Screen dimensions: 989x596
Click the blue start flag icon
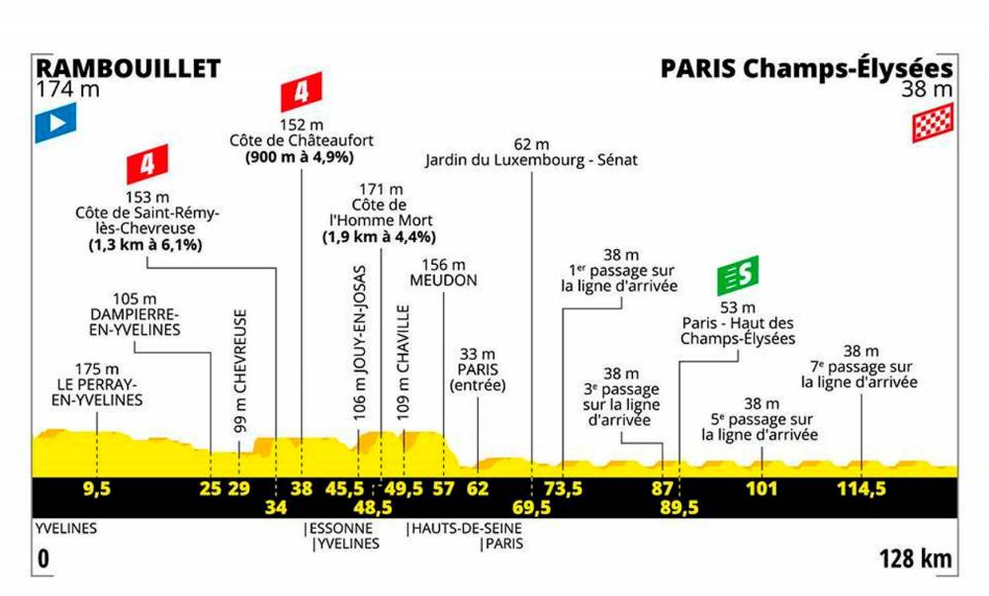click(x=55, y=123)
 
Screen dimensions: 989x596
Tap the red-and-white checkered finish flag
click(x=933, y=123)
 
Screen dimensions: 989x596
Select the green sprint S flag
click(x=738, y=276)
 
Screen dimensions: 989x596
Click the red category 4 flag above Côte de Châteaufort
click(x=302, y=92)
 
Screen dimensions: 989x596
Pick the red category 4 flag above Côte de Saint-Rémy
click(x=147, y=164)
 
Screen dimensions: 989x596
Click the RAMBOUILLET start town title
click(x=128, y=68)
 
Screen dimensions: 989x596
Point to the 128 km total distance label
click(x=916, y=558)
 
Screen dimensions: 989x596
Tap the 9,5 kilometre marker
click(x=97, y=488)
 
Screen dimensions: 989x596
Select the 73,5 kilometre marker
click(x=564, y=488)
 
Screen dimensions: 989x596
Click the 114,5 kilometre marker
click(x=861, y=488)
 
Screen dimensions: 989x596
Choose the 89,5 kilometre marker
click(x=679, y=507)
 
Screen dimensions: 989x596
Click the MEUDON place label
click(x=443, y=281)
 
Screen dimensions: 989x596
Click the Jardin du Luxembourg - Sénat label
click(x=531, y=160)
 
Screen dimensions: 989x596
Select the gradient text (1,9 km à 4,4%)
click(x=379, y=237)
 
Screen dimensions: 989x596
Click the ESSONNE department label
click(x=340, y=528)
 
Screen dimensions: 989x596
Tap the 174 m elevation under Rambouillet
click(x=68, y=90)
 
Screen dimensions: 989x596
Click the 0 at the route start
click(x=43, y=558)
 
